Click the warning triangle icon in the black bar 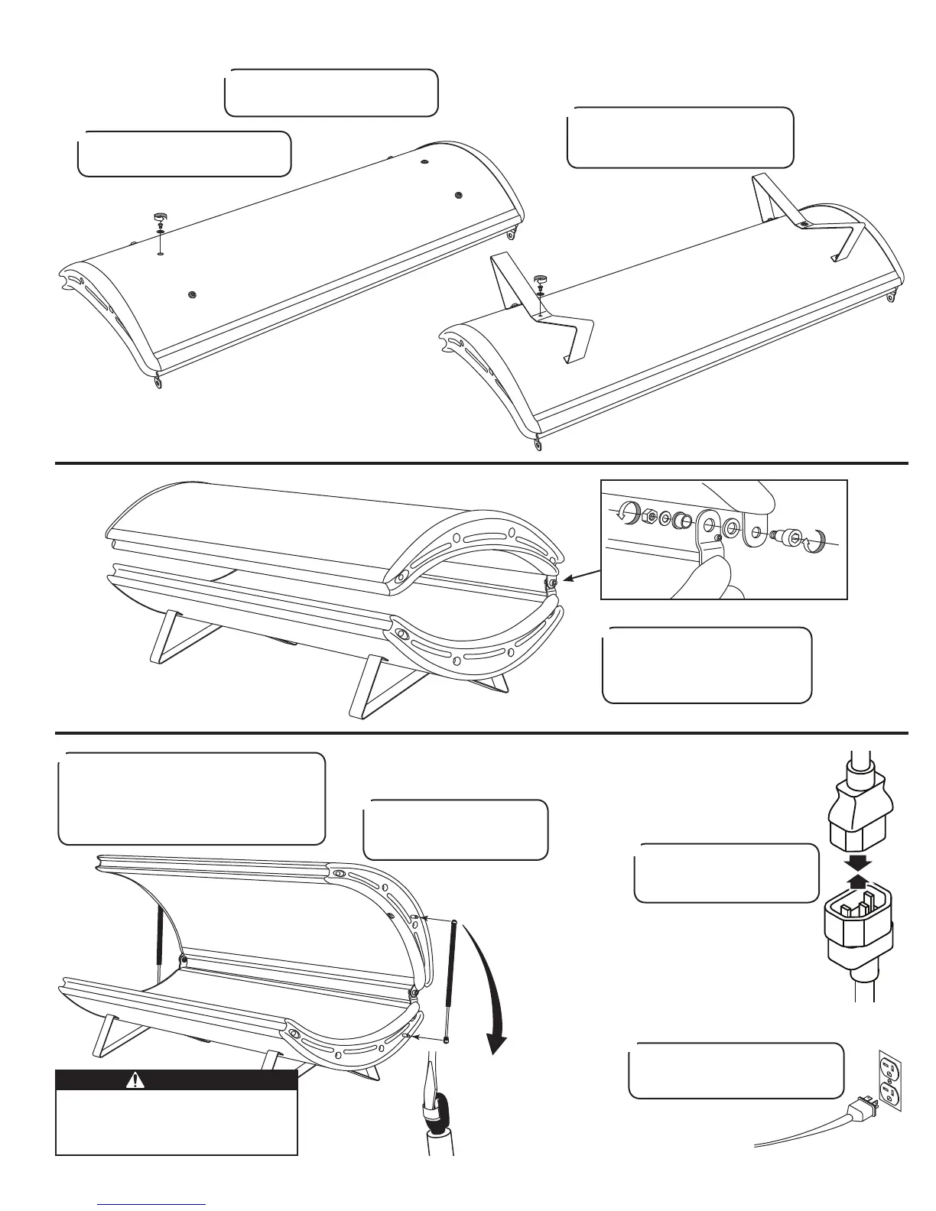[x=135, y=1080]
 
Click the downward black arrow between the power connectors [x=860, y=862]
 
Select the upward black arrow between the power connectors [x=860, y=881]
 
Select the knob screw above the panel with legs [x=541, y=281]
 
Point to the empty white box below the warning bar [x=177, y=1122]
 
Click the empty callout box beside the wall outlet [x=736, y=1070]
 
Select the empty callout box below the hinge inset [x=707, y=665]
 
